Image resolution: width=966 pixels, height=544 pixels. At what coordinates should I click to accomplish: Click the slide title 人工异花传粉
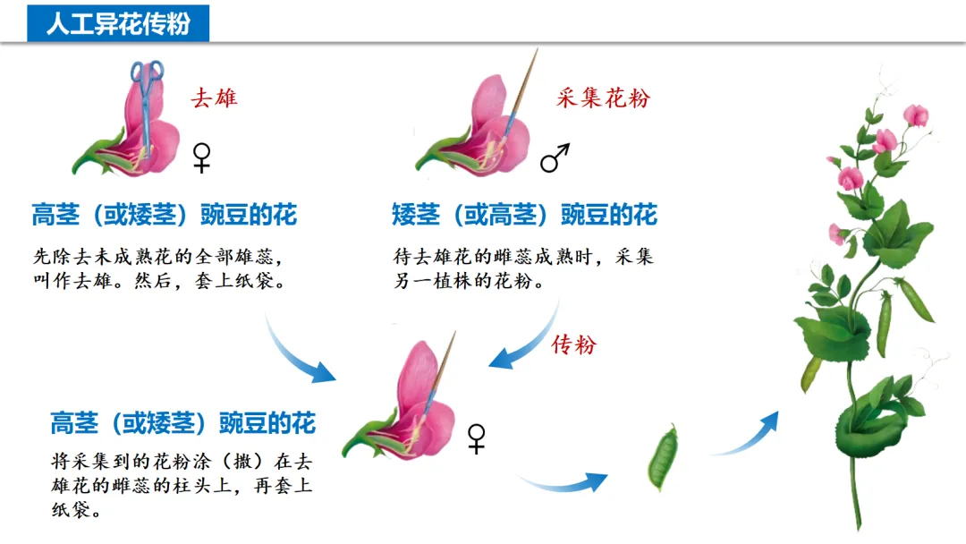[x=118, y=22]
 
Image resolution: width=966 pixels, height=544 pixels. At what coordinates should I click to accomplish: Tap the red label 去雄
[x=214, y=98]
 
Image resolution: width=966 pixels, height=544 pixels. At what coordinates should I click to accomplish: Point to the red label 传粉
[x=573, y=344]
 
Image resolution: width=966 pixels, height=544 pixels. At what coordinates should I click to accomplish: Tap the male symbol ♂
[x=555, y=159]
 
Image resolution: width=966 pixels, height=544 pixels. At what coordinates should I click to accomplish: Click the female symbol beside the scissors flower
[x=203, y=157]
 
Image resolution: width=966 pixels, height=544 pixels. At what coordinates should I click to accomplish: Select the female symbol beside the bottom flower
[x=477, y=438]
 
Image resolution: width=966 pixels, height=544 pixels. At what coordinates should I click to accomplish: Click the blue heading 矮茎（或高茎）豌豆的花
[x=524, y=215]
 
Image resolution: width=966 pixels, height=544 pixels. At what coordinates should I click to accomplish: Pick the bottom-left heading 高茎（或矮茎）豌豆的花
[x=182, y=422]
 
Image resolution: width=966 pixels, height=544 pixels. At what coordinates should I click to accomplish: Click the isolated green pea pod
[x=663, y=457]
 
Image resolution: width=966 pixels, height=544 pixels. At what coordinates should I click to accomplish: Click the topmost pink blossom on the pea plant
[x=915, y=115]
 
